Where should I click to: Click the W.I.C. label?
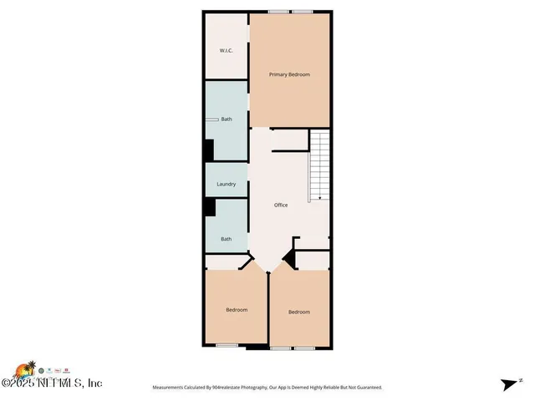[x=226, y=51]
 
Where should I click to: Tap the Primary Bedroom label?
[x=289, y=74]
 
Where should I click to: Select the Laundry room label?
[x=226, y=184]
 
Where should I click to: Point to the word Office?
[x=281, y=205]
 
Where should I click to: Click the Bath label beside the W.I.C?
[x=226, y=119]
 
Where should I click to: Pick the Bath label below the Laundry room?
[x=226, y=239]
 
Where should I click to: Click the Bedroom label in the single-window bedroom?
[x=237, y=310]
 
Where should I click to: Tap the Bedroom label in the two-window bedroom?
[x=299, y=312]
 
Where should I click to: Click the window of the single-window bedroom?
[x=227, y=346]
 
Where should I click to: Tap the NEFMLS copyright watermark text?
[x=52, y=383]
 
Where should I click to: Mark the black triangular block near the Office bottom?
[x=289, y=260]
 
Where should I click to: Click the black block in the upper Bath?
[x=209, y=150]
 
